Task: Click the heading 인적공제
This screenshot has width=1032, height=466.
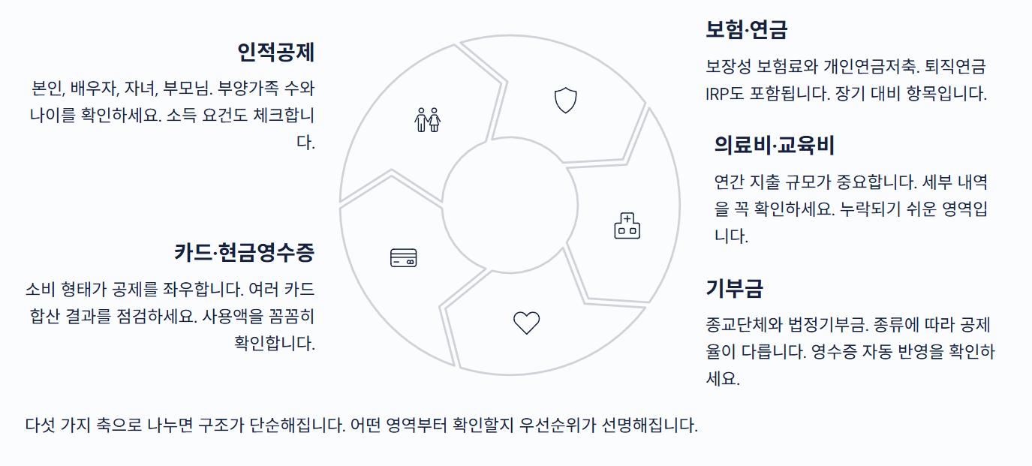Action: coord(275,53)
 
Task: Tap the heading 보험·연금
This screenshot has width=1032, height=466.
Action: coord(746,30)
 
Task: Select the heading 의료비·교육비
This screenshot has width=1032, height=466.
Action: coord(774,145)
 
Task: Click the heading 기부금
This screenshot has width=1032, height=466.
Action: coord(734,288)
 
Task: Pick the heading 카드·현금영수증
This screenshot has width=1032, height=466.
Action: coord(244,252)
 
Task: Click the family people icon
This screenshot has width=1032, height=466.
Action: coord(428,119)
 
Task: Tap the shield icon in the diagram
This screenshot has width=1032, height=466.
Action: coord(565,100)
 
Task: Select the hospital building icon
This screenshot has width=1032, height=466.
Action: coord(627,226)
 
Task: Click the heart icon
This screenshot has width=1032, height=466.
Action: coord(526,323)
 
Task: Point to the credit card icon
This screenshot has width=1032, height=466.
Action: coord(404,258)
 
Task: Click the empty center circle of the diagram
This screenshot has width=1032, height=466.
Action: coord(510,205)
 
